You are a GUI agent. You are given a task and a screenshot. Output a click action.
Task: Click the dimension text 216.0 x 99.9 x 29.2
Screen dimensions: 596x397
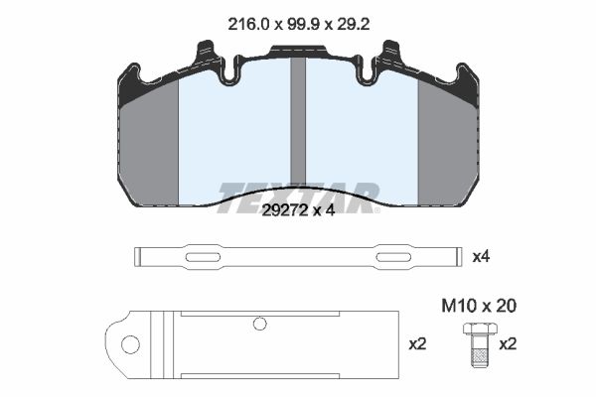click(x=299, y=25)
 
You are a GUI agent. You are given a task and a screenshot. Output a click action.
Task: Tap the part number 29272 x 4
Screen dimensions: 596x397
click(x=298, y=210)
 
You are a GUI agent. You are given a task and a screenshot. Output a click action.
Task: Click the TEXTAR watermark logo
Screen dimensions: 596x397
click(x=298, y=198)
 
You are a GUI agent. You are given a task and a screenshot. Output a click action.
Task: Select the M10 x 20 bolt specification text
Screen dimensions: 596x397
click(x=479, y=306)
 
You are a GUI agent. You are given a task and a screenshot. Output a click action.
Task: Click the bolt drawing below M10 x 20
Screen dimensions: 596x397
click(x=480, y=345)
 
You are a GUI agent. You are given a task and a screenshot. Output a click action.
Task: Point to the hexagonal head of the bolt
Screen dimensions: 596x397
click(x=480, y=329)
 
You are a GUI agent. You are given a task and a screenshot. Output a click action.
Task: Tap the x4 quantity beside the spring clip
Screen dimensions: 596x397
click(x=481, y=257)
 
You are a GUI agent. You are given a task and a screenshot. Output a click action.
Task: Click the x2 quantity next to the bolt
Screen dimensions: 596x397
click(x=508, y=344)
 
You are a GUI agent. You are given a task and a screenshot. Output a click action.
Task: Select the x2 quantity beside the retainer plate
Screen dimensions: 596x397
click(x=418, y=344)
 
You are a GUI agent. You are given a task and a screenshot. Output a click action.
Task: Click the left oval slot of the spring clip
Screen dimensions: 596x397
click(x=203, y=257)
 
